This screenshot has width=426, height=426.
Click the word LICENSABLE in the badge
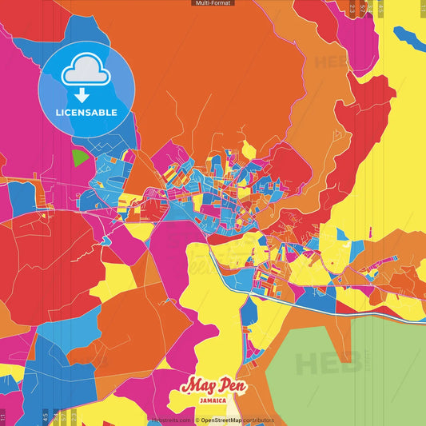point(86,113)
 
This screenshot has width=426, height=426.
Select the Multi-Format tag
point(213,3)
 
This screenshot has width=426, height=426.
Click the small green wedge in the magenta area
point(78,158)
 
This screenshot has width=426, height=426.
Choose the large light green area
point(352,360)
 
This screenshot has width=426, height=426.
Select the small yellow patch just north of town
point(249,149)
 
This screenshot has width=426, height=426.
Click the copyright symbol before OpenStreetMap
point(197,420)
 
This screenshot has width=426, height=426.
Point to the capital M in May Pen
point(189,386)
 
